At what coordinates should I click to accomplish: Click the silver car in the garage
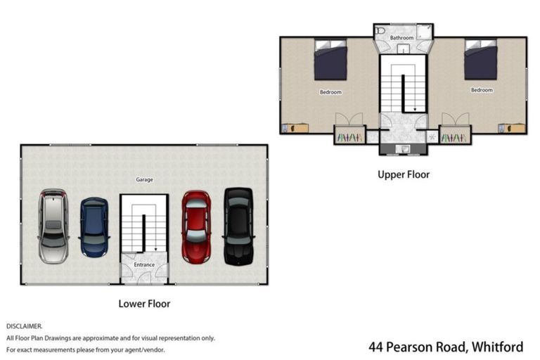(x=53, y=226)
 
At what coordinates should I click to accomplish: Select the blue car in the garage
(x=94, y=227)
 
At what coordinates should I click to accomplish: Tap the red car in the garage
(x=196, y=226)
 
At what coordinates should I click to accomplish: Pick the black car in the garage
(x=238, y=226)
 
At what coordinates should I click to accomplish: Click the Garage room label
(x=144, y=180)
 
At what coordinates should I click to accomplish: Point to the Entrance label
(x=144, y=265)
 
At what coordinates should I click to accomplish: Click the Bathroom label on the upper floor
(x=402, y=37)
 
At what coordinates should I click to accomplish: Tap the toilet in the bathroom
(x=380, y=32)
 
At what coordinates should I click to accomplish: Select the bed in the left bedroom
(x=330, y=60)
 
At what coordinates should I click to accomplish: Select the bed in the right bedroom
(x=481, y=60)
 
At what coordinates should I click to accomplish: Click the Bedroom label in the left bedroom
(x=330, y=92)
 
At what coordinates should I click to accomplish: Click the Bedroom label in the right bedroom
(x=482, y=90)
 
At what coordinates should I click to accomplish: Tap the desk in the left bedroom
(x=296, y=129)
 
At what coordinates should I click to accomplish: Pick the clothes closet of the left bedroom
(x=349, y=136)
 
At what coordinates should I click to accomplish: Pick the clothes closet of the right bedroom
(x=455, y=136)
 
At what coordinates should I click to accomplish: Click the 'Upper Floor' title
(x=403, y=174)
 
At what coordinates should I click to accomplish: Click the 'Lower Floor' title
(x=144, y=304)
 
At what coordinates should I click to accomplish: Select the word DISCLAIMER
(x=24, y=326)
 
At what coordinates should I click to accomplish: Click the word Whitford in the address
(x=497, y=347)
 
